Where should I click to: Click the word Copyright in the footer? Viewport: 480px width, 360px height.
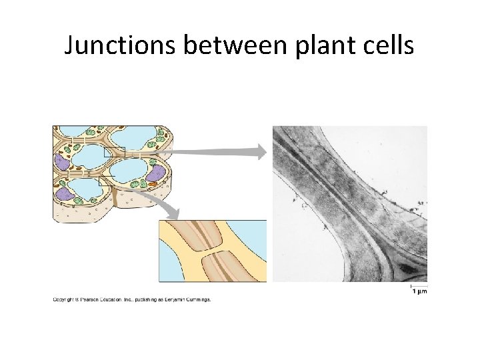pyautogui.click(x=64, y=299)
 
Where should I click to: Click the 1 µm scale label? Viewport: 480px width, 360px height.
pyautogui.click(x=419, y=291)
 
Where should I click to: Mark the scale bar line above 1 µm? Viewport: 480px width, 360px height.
pyautogui.click(x=419, y=285)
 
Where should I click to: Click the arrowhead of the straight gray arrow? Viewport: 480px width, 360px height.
pyautogui.click(x=261, y=152)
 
